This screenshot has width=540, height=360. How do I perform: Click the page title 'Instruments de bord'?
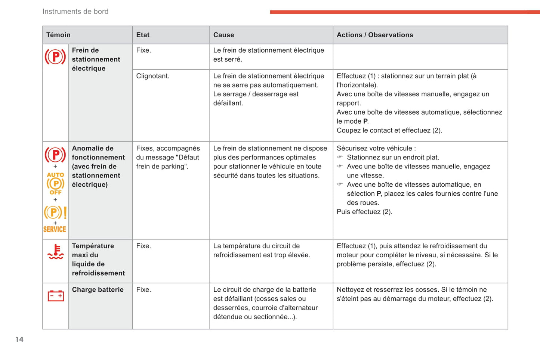click(75, 12)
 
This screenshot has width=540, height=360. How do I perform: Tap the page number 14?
click(19, 339)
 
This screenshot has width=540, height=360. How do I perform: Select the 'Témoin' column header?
click(58, 35)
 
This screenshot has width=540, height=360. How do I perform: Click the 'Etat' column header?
click(143, 35)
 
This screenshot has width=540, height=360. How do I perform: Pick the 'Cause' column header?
click(223, 35)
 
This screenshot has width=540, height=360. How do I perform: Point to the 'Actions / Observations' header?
click(375, 35)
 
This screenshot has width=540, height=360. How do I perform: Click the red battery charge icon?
click(56, 296)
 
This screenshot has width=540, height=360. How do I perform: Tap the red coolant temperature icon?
click(56, 252)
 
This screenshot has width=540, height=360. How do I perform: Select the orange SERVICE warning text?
click(55, 229)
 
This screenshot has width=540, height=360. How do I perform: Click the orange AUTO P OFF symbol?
click(55, 183)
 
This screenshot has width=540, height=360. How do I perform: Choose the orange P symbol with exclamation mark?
click(55, 212)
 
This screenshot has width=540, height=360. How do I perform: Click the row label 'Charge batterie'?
click(98, 290)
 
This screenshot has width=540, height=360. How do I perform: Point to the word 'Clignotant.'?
click(152, 76)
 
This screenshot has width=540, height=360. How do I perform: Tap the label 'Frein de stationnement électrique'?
click(96, 59)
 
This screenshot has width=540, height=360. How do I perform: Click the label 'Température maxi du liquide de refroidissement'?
click(98, 260)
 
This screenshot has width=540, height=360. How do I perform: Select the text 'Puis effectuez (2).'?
click(364, 212)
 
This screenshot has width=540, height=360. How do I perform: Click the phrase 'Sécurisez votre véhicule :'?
click(376, 148)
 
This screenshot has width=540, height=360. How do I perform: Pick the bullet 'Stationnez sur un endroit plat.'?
click(393, 158)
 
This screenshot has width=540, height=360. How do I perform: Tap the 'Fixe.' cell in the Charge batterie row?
click(144, 290)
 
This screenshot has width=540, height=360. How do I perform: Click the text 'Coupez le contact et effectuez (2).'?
click(389, 130)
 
